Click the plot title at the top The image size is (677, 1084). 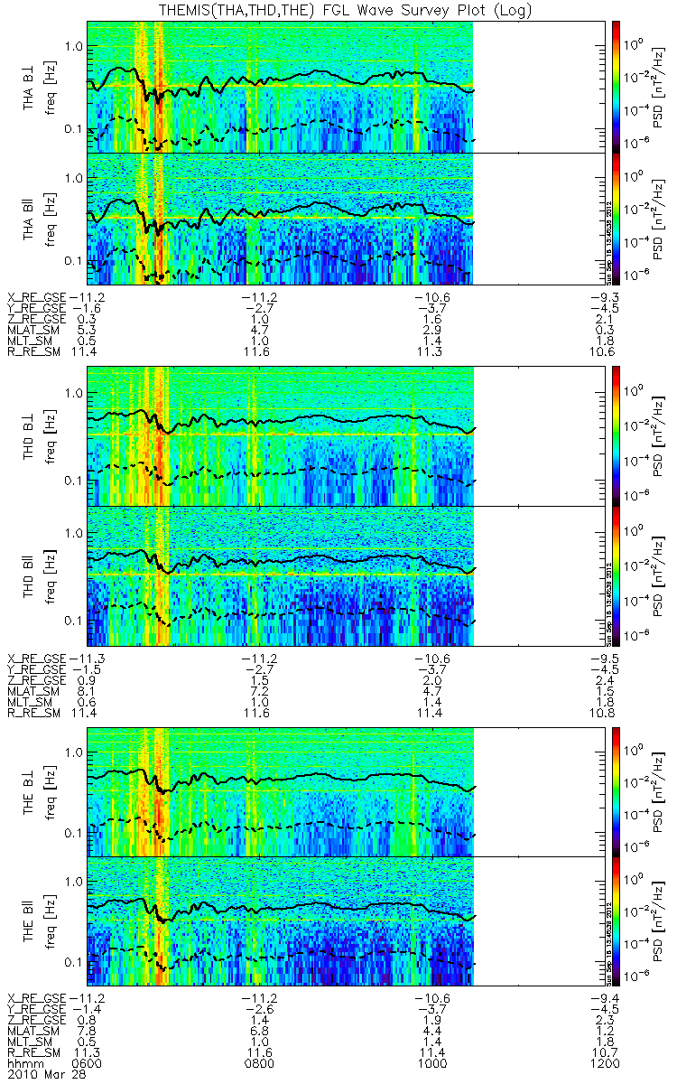click(x=338, y=11)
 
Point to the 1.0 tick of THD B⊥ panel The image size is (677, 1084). click(x=72, y=395)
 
